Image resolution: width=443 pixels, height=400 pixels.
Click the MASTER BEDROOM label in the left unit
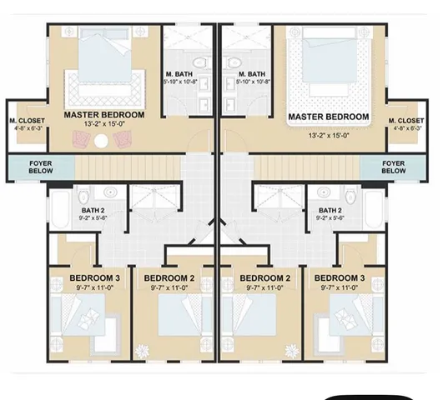[104, 114]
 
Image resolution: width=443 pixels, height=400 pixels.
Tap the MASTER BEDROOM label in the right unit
[328, 117]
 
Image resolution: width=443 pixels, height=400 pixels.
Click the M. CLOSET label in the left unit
[27, 121]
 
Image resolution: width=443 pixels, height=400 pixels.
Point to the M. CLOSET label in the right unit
[406, 121]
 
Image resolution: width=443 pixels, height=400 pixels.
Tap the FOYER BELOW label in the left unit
[41, 167]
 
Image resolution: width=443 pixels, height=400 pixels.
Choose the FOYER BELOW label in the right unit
[394, 167]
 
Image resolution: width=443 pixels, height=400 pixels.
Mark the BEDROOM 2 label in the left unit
[169, 277]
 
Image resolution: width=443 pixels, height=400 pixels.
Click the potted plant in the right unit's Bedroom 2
[291, 350]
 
